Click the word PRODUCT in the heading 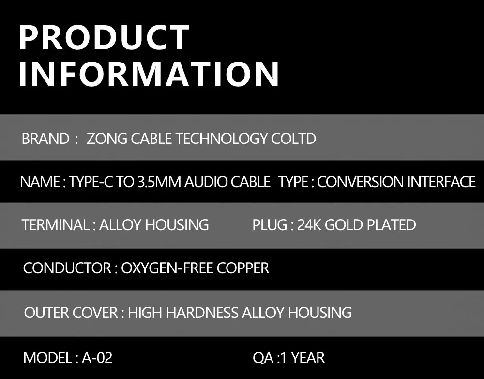pos(104,37)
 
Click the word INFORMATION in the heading pos(149,74)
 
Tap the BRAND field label pos(45,139)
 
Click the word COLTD pos(294,139)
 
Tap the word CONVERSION pos(360,182)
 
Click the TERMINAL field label pos(56,225)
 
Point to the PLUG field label pos(270,225)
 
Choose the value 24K pos(309,225)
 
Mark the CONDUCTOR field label pos(67,268)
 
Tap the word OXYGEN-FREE pos(167,268)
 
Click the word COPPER pos(242,268)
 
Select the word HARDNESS pos(202,313)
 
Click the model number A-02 pos(97,358)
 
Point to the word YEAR pos(308,358)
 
